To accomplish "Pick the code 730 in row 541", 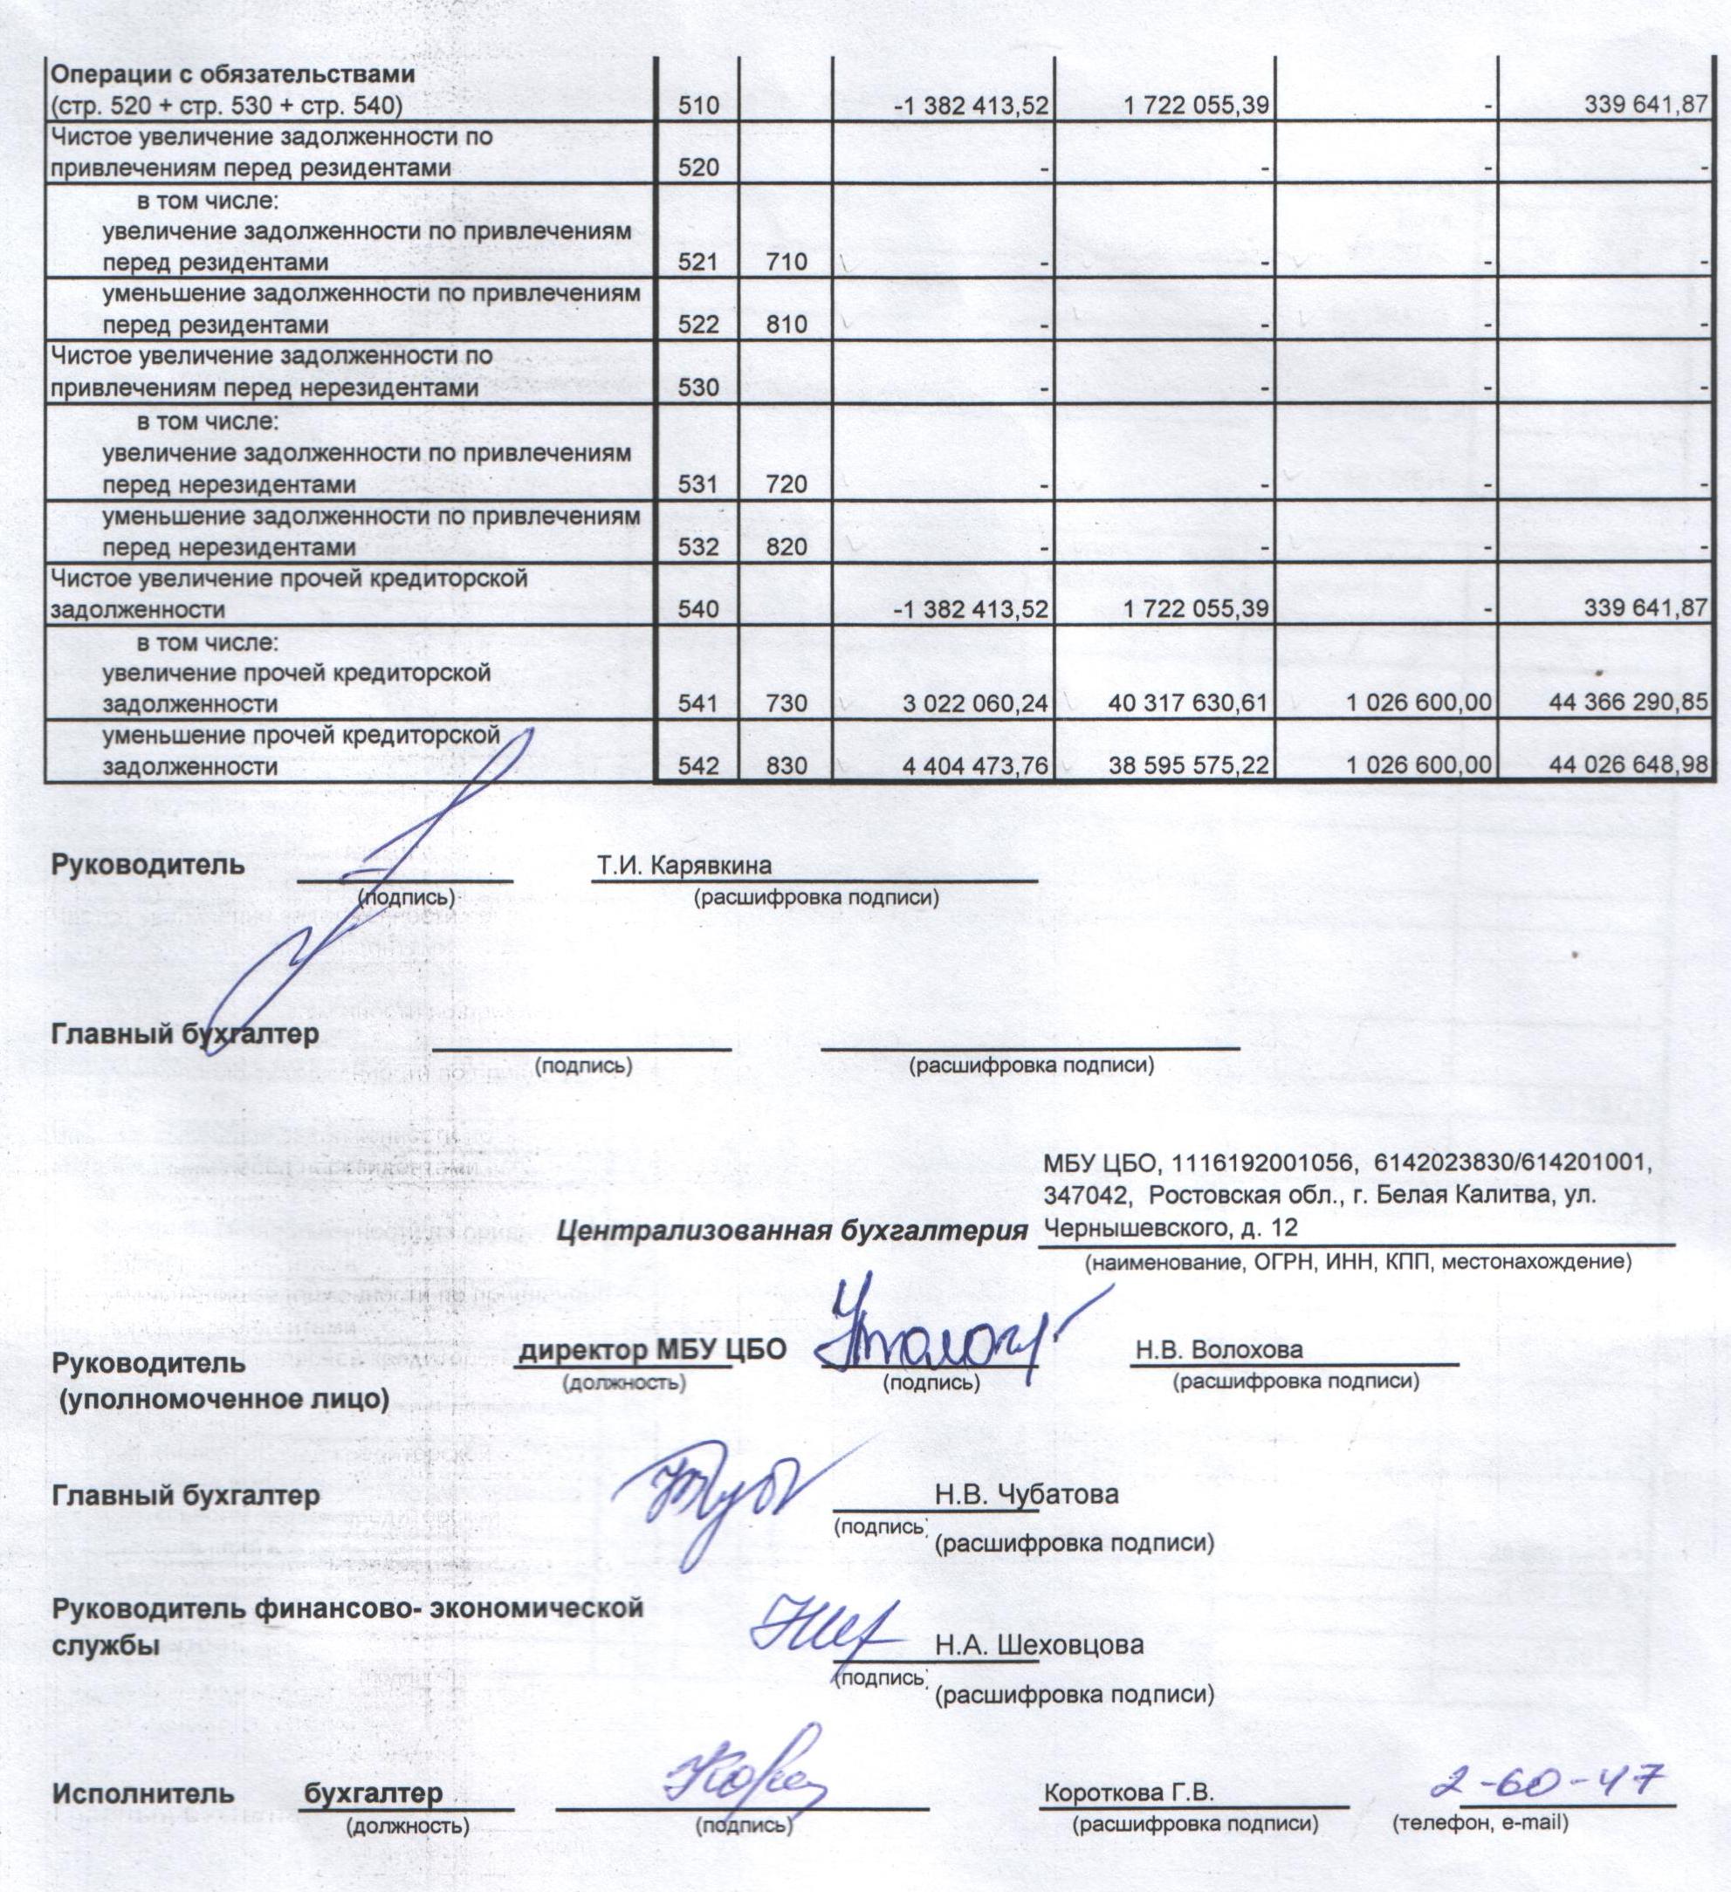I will (786, 703).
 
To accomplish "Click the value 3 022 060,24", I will (974, 703).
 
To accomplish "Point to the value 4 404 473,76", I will (974, 766).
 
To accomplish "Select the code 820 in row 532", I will (786, 546).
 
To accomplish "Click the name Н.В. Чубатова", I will (1026, 1494).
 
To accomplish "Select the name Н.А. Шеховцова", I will (1039, 1646).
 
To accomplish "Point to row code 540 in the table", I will (698, 609).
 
